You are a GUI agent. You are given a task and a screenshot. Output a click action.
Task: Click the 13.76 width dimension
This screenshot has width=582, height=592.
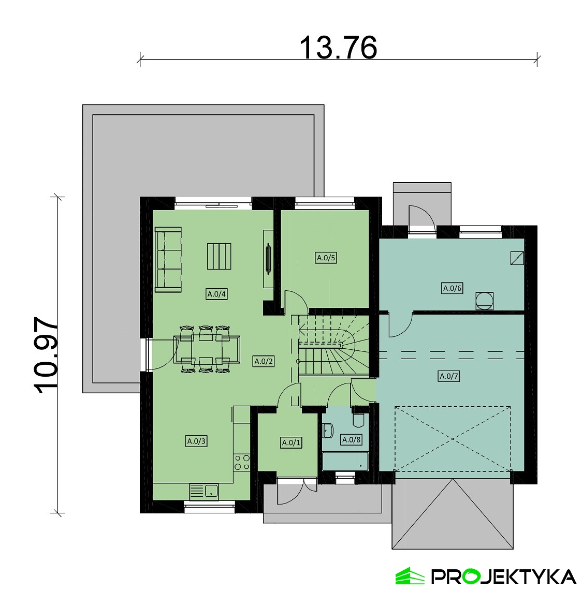coord(338,48)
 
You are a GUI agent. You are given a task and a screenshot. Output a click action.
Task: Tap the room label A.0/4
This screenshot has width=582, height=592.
coord(217,294)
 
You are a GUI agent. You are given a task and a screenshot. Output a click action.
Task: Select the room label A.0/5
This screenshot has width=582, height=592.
coord(326,258)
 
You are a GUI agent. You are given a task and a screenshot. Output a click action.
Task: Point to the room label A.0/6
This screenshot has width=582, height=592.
coord(452,288)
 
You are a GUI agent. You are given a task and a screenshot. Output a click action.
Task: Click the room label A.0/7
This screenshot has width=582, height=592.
coord(449,376)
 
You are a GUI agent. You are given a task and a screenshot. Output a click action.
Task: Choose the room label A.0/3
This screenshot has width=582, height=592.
coord(196,441)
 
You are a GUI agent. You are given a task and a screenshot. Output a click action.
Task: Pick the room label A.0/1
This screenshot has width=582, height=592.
coord(291,442)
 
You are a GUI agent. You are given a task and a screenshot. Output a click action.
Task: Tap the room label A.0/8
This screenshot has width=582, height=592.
coord(351,440)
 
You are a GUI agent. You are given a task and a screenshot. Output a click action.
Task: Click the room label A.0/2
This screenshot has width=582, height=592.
coord(264,362)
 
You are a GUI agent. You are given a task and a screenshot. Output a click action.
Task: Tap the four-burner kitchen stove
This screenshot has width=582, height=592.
coord(241,462)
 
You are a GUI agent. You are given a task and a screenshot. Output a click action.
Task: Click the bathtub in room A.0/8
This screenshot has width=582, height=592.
coord(345,461)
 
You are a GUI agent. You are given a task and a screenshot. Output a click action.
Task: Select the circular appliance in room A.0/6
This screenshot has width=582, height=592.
coord(485,301)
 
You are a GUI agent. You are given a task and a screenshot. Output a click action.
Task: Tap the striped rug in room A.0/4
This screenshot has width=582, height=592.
coord(219,256)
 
